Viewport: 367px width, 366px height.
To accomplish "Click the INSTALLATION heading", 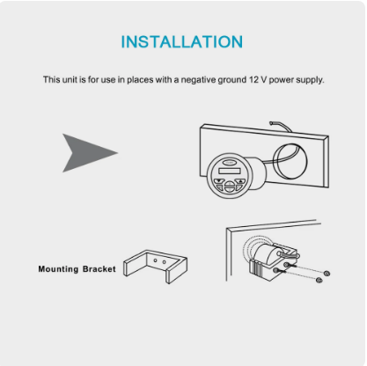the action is (182, 41).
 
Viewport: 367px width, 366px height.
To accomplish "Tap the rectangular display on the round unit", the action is (230, 171).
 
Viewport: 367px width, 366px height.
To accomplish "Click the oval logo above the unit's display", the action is (230, 162).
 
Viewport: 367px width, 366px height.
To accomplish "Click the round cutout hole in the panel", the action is (290, 162).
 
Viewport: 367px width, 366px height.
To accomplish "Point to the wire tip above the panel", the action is (271, 123).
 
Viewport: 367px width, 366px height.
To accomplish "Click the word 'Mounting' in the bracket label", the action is (58, 269).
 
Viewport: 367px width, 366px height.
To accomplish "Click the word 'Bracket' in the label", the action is (99, 269).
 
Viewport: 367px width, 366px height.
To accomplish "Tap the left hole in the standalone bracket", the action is (155, 260).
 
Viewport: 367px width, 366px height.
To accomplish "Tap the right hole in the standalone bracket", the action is (164, 262).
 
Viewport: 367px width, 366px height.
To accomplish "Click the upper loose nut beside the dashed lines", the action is (327, 274).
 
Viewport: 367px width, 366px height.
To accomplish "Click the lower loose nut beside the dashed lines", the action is (319, 280).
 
